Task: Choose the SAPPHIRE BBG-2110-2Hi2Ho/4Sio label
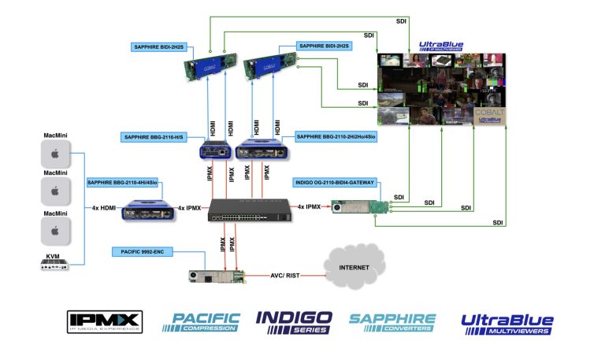point(336,137)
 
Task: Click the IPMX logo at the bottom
point(104,321)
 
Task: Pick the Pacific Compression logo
point(202,321)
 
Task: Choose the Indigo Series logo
point(294,321)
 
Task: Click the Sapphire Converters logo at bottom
point(392,321)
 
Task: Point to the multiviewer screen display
point(441,90)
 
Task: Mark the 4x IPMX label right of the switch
point(307,207)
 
